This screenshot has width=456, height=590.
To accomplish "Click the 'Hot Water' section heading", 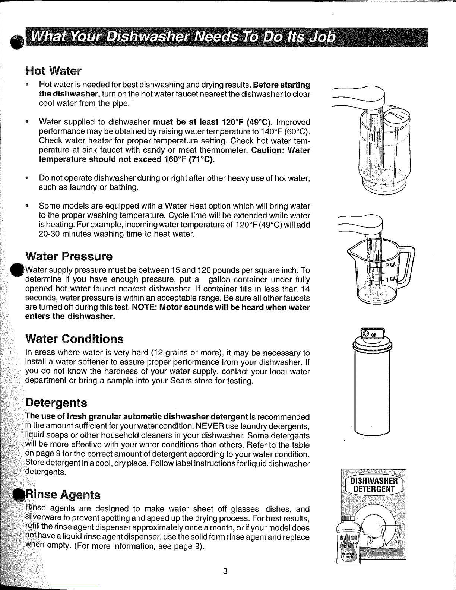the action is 54,71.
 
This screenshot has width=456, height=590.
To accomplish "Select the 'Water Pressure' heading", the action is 69,256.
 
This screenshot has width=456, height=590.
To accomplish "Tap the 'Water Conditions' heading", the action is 75,339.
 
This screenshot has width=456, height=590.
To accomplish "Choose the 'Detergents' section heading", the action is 56,403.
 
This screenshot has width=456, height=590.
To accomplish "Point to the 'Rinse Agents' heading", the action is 63,495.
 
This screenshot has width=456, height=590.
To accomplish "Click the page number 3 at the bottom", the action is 225,571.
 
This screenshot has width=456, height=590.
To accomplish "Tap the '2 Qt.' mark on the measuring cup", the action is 391,264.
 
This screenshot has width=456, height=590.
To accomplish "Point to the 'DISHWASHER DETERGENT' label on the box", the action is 374,485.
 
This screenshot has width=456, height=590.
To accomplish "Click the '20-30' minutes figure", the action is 49,234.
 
